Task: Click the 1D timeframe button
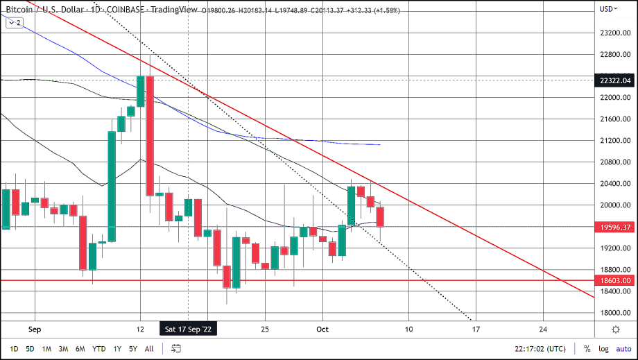tap(14, 349)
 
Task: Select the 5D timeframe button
tap(31, 349)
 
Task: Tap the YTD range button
tap(99, 349)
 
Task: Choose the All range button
tap(149, 349)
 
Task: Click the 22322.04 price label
tap(615, 80)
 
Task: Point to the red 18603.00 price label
tap(615, 280)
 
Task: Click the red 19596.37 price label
tap(615, 227)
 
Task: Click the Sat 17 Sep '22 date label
tap(189, 329)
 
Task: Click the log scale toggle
tap(603, 349)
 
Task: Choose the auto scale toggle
tap(623, 349)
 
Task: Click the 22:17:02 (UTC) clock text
tap(541, 349)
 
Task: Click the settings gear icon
tap(616, 329)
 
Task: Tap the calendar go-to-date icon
tap(176, 349)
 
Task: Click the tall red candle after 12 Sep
tap(149, 136)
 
